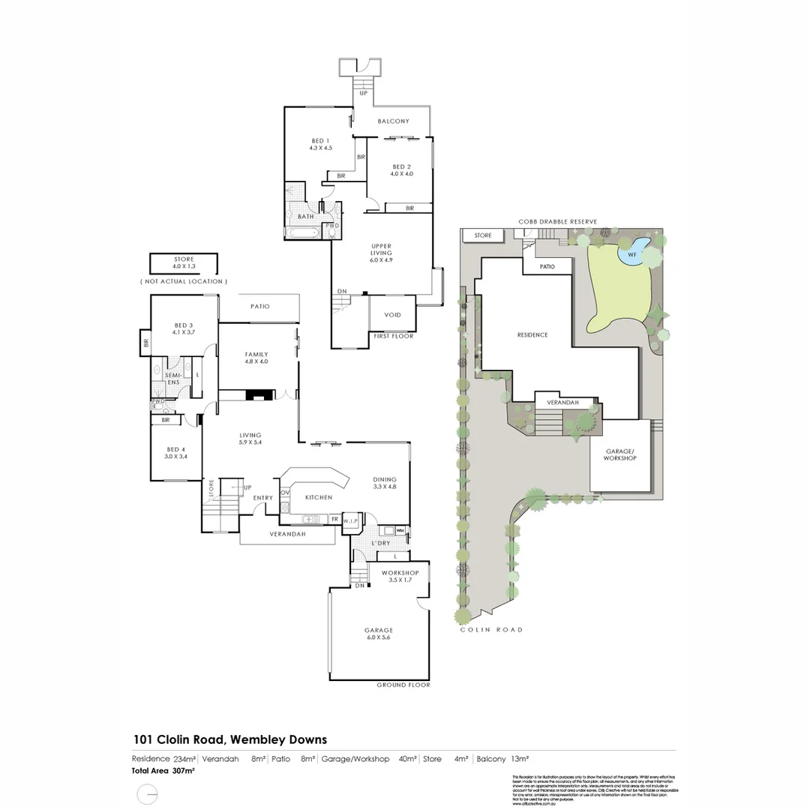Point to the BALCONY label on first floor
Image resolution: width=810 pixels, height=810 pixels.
tap(393, 121)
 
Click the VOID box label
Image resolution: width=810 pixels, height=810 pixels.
tap(393, 315)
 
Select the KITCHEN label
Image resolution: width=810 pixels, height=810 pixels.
tap(318, 496)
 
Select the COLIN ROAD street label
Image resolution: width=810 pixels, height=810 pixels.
tap(490, 630)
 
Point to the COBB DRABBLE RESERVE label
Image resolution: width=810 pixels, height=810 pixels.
tap(557, 222)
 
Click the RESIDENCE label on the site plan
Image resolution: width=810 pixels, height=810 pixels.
tap(532, 334)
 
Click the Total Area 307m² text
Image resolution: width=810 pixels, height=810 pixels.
tap(164, 770)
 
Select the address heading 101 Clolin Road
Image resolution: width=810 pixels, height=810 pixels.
tap(230, 739)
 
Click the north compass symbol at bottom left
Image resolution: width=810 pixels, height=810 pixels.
tap(148, 793)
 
